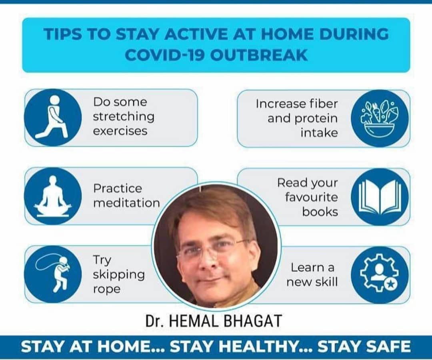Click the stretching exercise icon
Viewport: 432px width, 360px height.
click(53, 117)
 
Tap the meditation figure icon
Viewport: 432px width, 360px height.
click(53, 196)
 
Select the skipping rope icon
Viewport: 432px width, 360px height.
click(53, 274)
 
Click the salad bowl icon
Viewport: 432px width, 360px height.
click(380, 118)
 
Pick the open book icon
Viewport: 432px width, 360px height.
click(380, 197)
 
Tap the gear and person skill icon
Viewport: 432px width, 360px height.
click(380, 274)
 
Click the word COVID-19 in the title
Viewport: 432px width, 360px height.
click(164, 55)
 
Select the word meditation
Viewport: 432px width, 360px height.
click(126, 203)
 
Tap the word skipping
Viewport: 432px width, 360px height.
click(119, 275)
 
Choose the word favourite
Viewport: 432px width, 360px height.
click(311, 197)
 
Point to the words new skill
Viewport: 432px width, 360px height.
click(312, 282)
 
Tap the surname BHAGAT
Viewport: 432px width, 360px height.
click(253, 320)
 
